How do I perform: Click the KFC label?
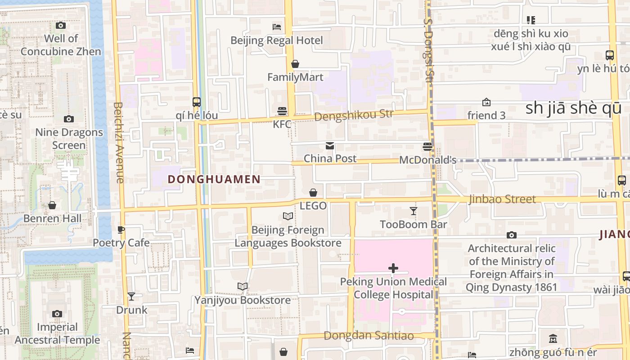coord(282,124)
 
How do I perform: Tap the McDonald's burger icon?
coord(427,147)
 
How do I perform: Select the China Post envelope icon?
coord(330,145)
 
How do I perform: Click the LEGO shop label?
coord(313,206)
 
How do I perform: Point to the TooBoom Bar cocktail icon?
coord(414,211)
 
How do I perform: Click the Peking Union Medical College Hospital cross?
coord(393,269)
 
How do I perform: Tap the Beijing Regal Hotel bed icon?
coord(277,27)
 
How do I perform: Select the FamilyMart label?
coord(295,77)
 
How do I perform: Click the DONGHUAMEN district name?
coord(214,180)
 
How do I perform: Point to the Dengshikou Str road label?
coord(354,115)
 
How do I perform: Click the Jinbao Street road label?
coord(502,199)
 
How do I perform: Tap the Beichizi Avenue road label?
coord(119,143)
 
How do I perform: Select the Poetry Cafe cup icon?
coord(121,229)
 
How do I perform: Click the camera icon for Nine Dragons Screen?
coord(69,119)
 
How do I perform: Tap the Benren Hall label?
coord(53,219)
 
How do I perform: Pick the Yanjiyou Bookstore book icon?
coord(243,286)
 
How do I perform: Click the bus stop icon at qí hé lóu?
coord(197,102)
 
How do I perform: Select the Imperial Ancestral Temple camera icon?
coord(57,314)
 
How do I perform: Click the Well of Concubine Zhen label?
coord(61,45)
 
